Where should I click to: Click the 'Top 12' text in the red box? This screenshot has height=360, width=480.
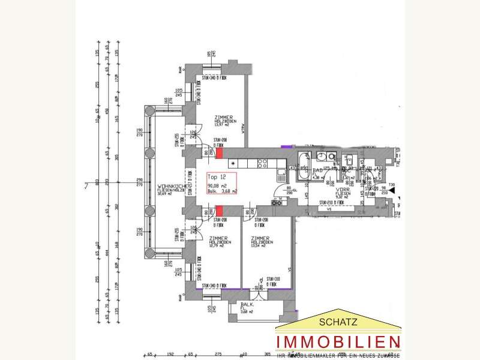215,178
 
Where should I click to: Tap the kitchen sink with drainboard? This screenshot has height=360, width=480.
281,175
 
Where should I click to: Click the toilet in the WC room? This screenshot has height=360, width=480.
349,161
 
